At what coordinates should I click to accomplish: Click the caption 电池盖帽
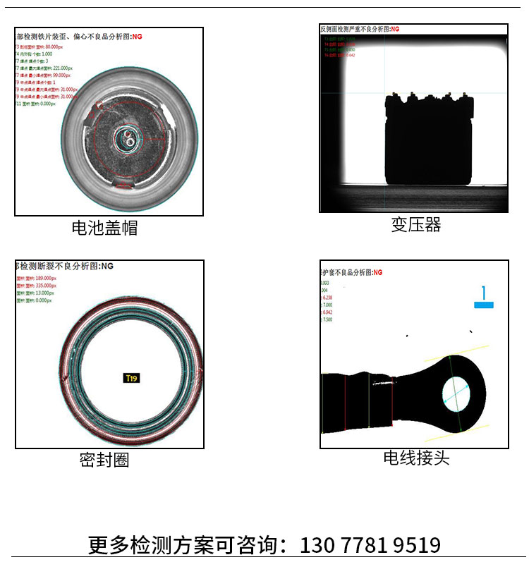[104, 228]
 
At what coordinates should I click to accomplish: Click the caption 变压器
[416, 225]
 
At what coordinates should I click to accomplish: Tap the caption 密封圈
[104, 460]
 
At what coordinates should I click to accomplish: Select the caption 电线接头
[416, 458]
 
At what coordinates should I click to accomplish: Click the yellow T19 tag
[131, 379]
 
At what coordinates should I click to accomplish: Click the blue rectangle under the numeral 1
[484, 305]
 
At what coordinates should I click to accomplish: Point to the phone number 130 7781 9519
[370, 545]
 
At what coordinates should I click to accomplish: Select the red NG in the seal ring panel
[107, 267]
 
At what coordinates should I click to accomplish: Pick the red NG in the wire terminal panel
[377, 272]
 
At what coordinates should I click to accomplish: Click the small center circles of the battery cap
[128, 138]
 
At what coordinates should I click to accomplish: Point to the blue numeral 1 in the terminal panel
[484, 293]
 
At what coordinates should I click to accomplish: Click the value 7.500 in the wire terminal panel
[327, 319]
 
